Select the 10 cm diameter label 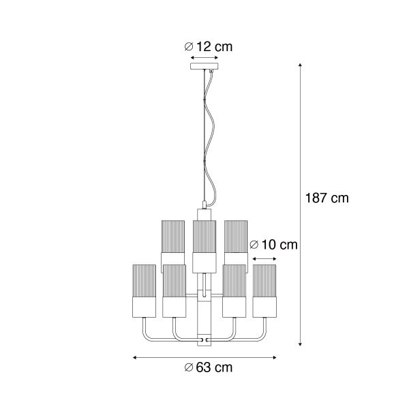273,244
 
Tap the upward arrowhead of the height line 300,66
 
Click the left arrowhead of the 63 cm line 135,357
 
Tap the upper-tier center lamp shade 204,242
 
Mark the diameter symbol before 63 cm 188,368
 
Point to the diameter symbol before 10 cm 254,244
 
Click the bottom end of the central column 204,343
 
